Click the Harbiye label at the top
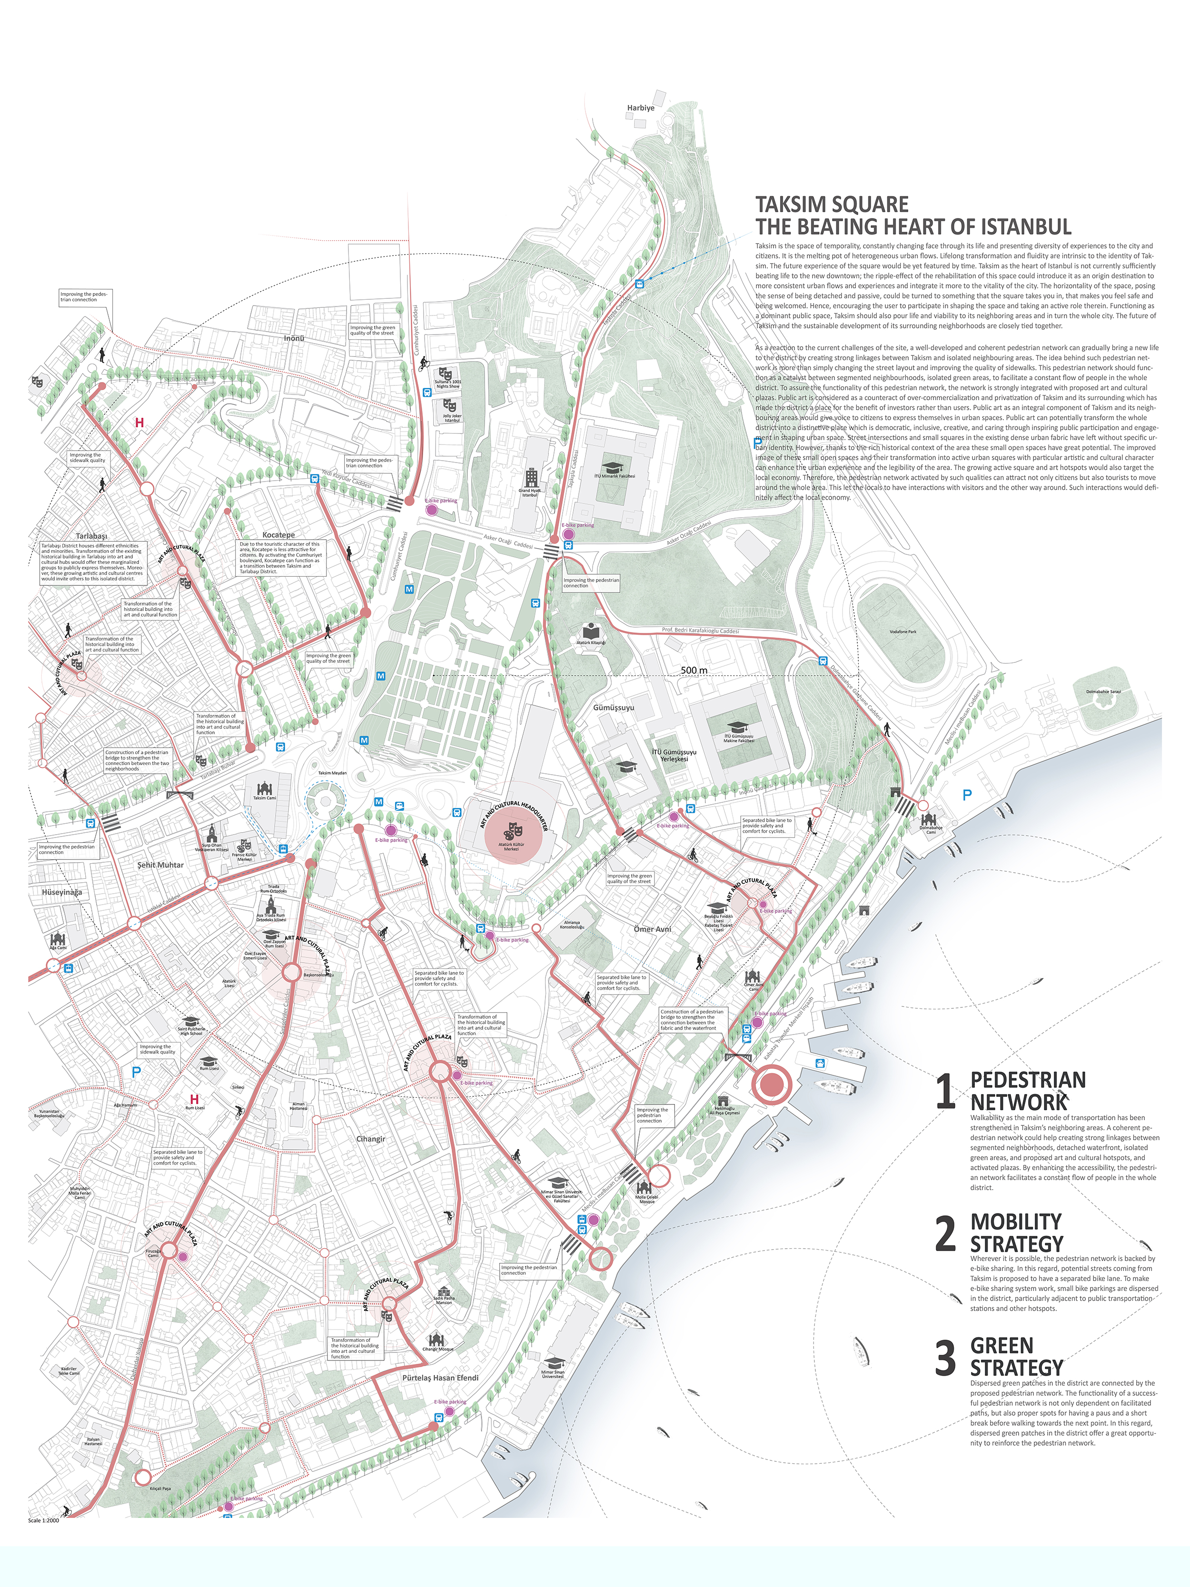(x=640, y=108)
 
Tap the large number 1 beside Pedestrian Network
(x=945, y=1092)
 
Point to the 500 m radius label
(x=694, y=670)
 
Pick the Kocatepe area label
(x=278, y=534)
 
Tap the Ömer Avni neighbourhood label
(x=653, y=929)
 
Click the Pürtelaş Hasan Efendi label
(x=440, y=1378)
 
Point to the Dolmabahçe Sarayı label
(x=1103, y=691)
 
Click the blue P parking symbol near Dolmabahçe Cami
(x=967, y=795)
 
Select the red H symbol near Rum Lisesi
(x=194, y=1099)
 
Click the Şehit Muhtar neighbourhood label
(x=161, y=865)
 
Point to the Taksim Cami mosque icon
(x=264, y=789)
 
